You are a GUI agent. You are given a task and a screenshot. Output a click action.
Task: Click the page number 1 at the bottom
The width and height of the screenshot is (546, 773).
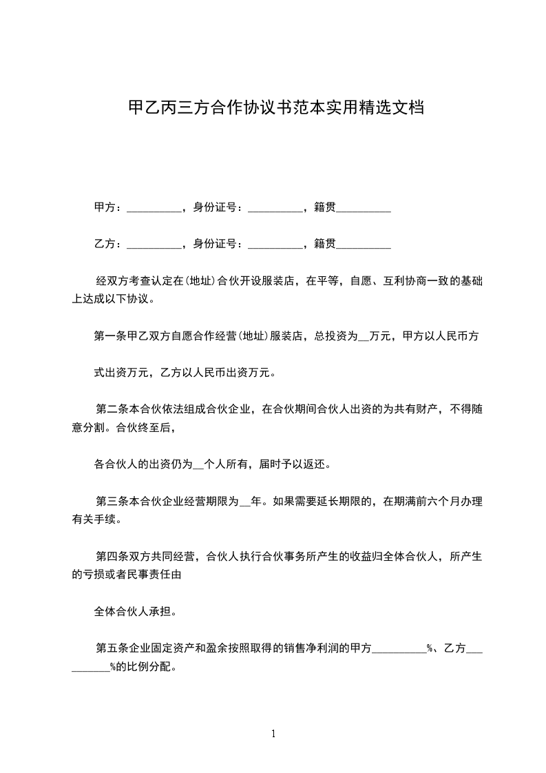coord(273,734)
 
